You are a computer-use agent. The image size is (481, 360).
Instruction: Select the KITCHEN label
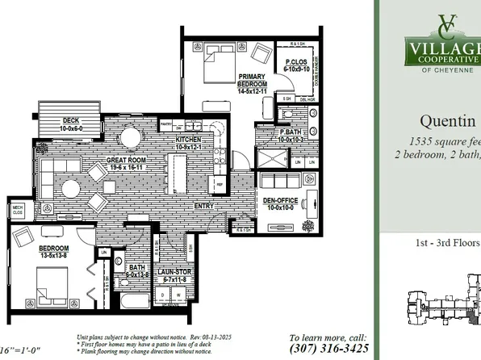[x=188, y=140]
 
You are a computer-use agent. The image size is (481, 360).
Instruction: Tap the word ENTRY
[x=205, y=205]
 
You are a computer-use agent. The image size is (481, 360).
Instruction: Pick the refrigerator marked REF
[x=219, y=185]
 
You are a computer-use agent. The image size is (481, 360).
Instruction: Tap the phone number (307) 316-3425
[x=328, y=350]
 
